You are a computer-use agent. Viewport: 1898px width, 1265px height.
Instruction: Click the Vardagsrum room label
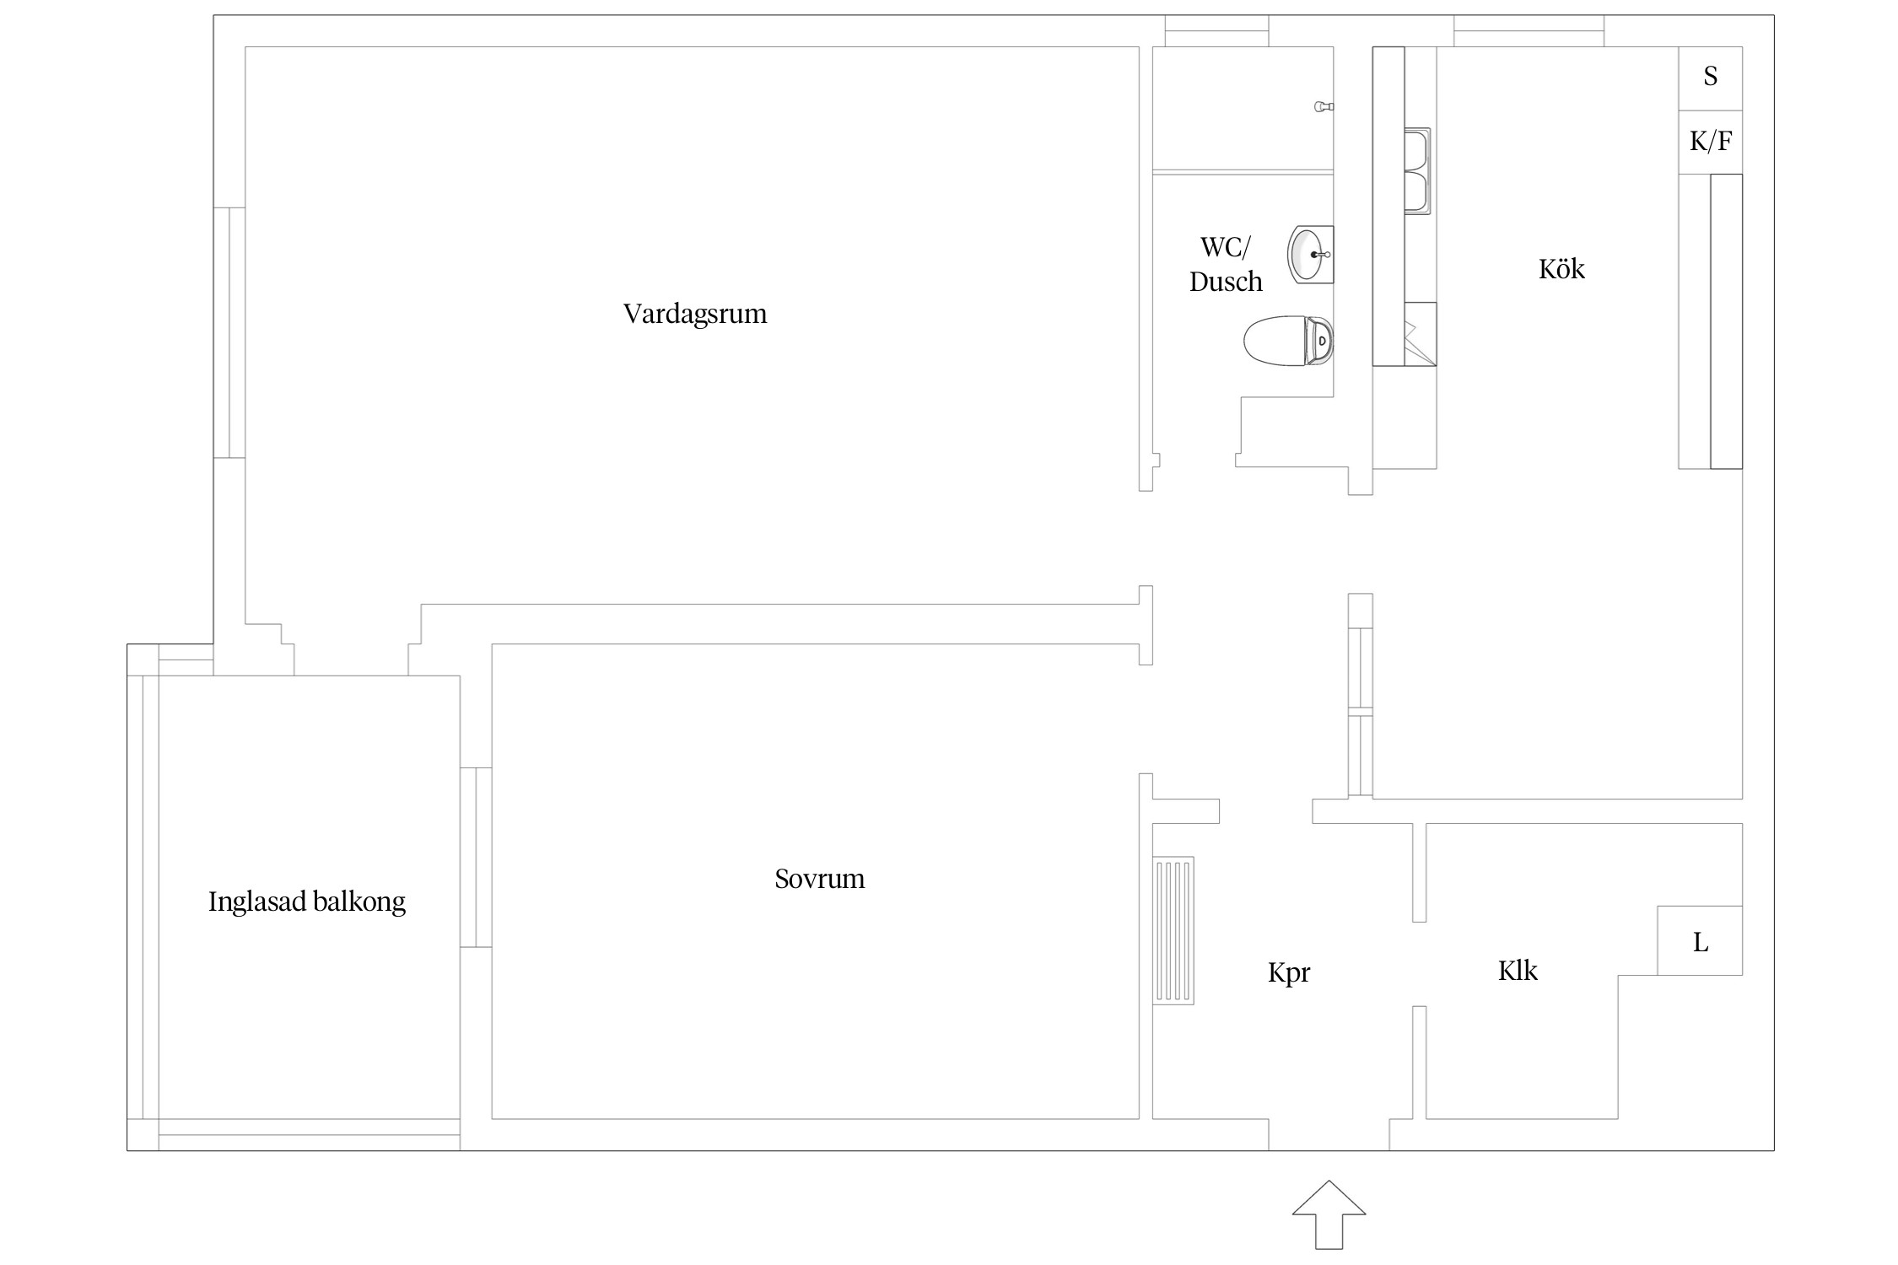695,314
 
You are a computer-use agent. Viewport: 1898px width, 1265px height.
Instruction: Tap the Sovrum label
819,879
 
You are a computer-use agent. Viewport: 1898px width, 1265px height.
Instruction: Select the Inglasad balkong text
307,902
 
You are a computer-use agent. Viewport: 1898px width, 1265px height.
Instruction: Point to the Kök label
1561,269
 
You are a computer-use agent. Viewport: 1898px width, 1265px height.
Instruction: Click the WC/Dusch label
1226,264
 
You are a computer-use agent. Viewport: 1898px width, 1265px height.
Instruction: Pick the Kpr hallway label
1289,972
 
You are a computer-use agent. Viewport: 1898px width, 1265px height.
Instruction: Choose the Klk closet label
1518,971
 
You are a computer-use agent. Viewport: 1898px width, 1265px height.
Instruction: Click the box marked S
1710,78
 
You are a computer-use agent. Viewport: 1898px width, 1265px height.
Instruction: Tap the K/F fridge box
1710,142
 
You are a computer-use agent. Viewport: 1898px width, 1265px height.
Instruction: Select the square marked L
1700,940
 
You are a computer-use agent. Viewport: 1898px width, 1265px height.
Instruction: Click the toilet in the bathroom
1288,341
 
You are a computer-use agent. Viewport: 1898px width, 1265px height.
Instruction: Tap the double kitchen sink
1417,171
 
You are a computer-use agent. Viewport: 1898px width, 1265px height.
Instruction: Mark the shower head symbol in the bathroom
1324,107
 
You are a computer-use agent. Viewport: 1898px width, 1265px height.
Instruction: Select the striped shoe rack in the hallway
1173,931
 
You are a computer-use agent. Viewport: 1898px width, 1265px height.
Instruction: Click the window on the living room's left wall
229,332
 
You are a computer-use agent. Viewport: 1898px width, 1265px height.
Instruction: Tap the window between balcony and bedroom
476,857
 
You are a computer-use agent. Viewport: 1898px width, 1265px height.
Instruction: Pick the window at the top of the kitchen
1529,31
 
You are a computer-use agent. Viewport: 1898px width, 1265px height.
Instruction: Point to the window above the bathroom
1216,31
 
